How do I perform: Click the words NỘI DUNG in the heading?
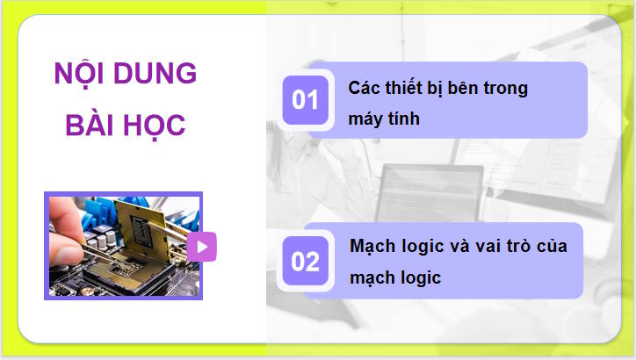pyautogui.click(x=125, y=74)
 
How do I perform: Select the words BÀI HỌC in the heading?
pyautogui.click(x=125, y=125)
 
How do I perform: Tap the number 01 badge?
pyautogui.click(x=305, y=99)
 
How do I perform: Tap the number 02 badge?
pyautogui.click(x=305, y=262)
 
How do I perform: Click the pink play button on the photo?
pyautogui.click(x=201, y=247)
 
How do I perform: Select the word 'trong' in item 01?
pyautogui.click(x=507, y=89)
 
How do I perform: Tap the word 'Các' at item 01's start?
pyautogui.click(x=364, y=89)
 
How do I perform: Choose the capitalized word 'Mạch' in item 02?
pyautogui.click(x=372, y=246)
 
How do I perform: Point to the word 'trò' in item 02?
pyautogui.click(x=514, y=246)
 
